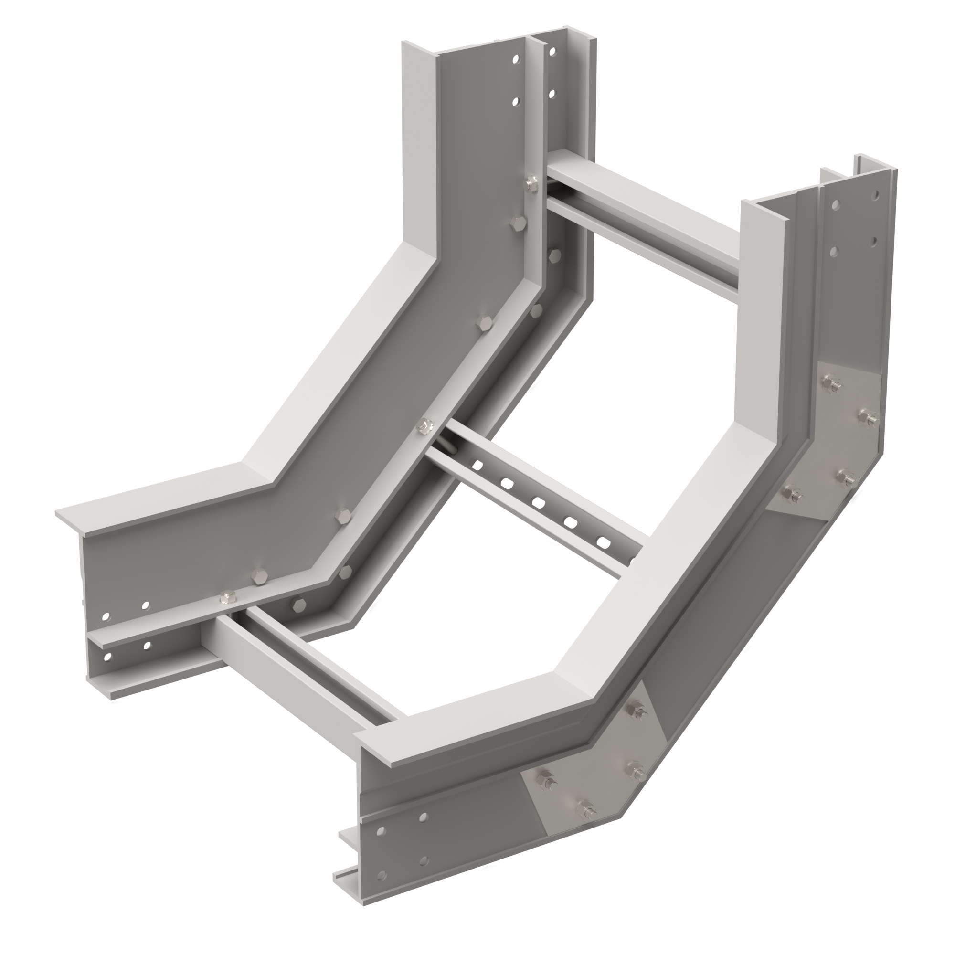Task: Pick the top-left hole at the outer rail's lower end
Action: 380,829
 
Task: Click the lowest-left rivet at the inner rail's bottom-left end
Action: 107,658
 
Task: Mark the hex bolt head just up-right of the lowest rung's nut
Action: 258,576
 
